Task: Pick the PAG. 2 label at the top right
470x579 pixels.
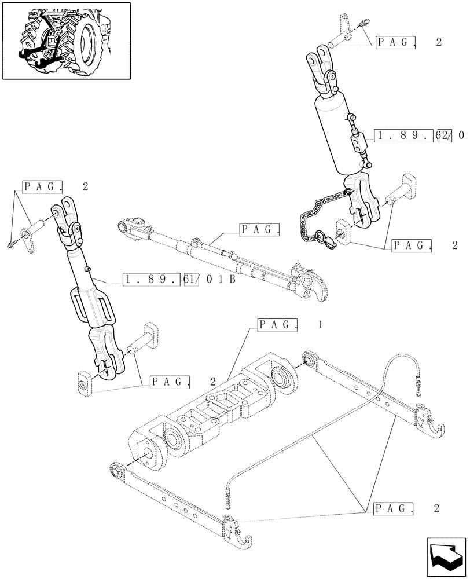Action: [409, 42]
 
